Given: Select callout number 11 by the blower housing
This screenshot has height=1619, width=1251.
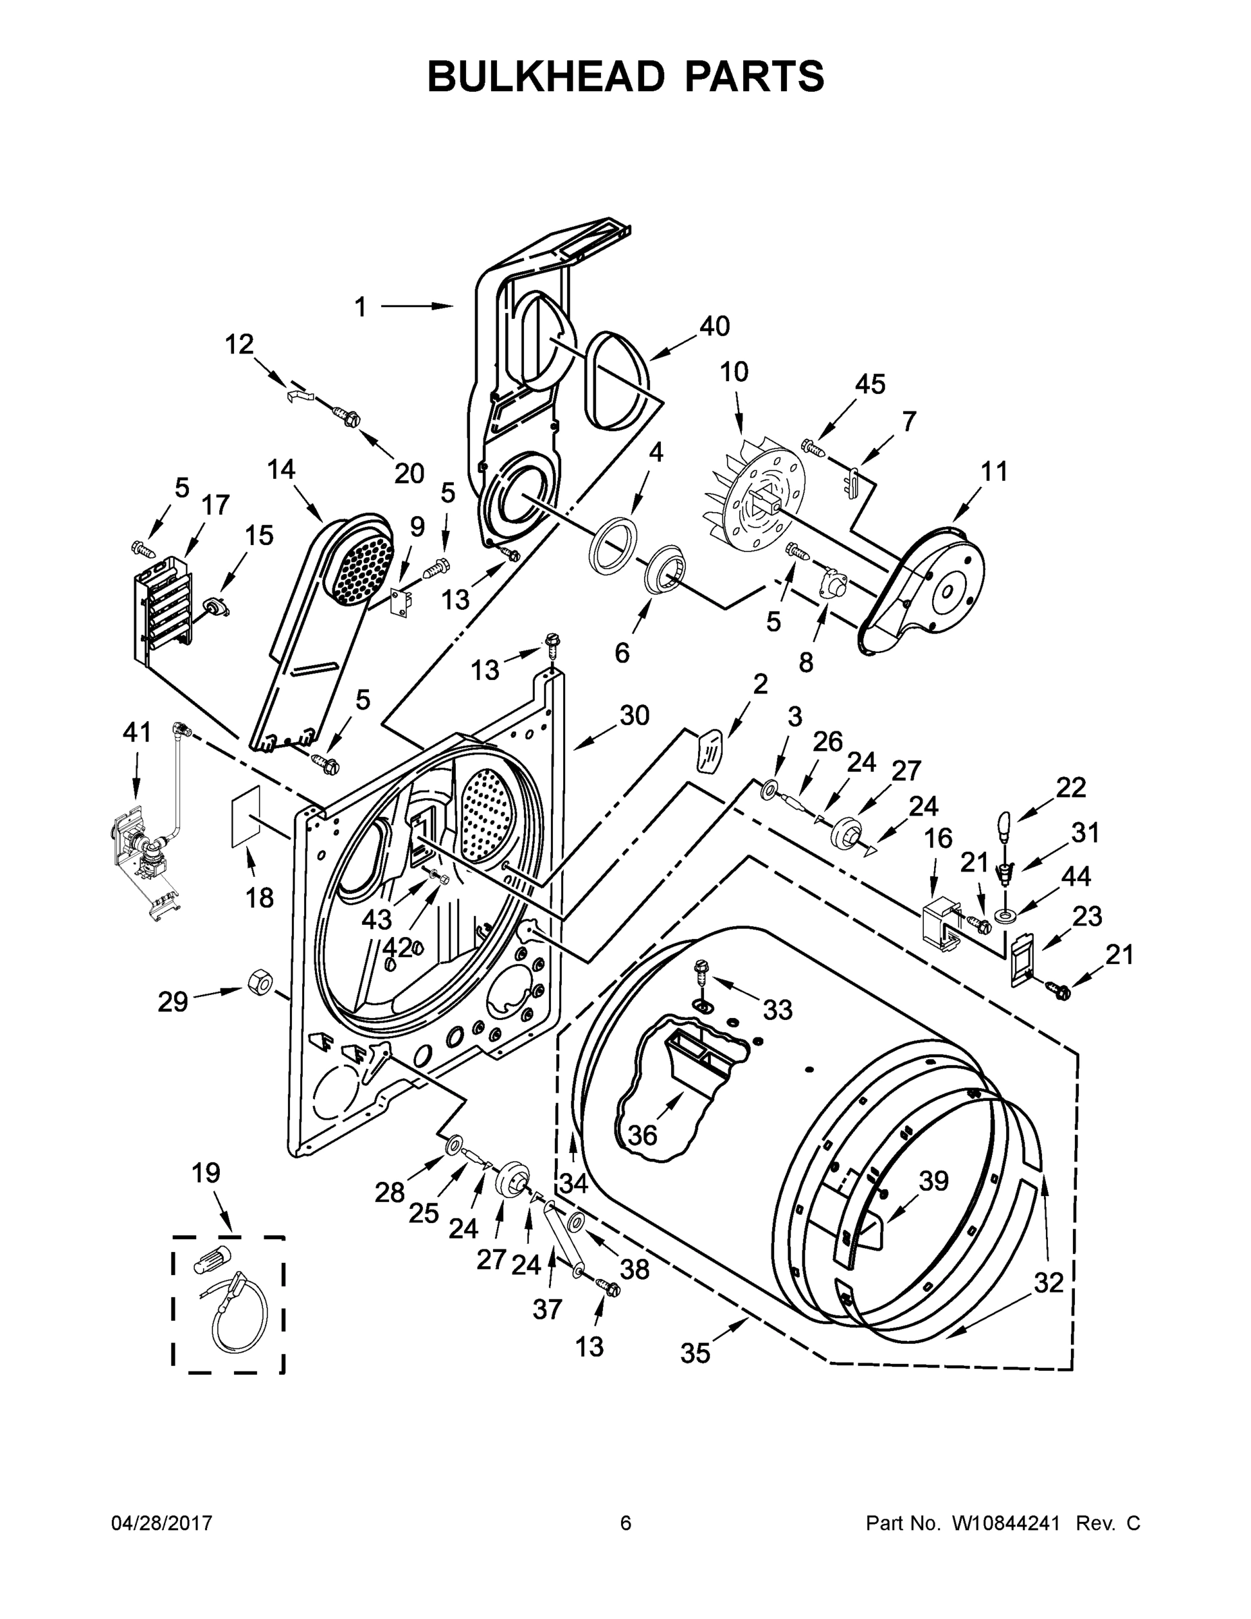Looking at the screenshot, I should click(994, 472).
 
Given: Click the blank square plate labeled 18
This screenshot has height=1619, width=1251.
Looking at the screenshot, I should click(246, 815).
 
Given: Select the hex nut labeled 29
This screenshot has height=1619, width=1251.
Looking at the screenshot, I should click(260, 984).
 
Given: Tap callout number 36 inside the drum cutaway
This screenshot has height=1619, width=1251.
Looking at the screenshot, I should click(642, 1135).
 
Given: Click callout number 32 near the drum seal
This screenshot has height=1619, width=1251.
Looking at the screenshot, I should click(1048, 1282).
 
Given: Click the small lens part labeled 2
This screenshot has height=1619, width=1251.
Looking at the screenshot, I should click(709, 751).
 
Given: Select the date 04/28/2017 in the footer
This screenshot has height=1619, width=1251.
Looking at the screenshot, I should click(162, 1523).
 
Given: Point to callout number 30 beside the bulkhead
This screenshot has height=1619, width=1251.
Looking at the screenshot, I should click(635, 715).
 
